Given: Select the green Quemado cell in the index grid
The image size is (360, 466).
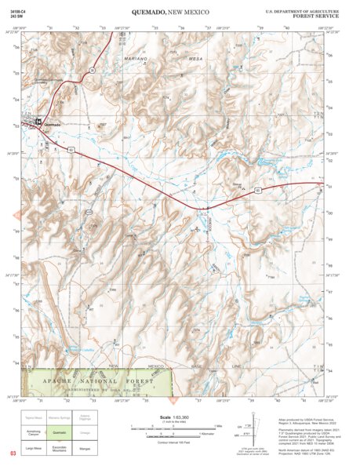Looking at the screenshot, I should (60, 431).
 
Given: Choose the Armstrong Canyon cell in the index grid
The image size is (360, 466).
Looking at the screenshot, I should (33, 431).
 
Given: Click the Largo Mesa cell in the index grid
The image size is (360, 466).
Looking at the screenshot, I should (33, 448).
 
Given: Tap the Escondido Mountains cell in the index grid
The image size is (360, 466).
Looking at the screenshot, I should (60, 448).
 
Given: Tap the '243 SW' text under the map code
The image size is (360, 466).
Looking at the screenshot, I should (16, 17).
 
